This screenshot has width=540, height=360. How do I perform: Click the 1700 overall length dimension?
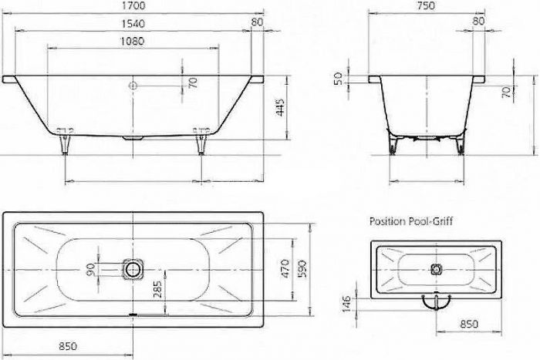point(134,5)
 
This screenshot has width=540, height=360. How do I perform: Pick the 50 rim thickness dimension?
point(337,79)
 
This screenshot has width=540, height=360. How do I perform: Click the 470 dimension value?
point(285,268)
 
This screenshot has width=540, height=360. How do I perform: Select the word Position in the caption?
point(386,221)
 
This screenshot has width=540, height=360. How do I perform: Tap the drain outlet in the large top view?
point(134,268)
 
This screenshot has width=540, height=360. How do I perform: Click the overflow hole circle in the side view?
point(133,85)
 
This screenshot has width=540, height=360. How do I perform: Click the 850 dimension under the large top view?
point(68,345)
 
